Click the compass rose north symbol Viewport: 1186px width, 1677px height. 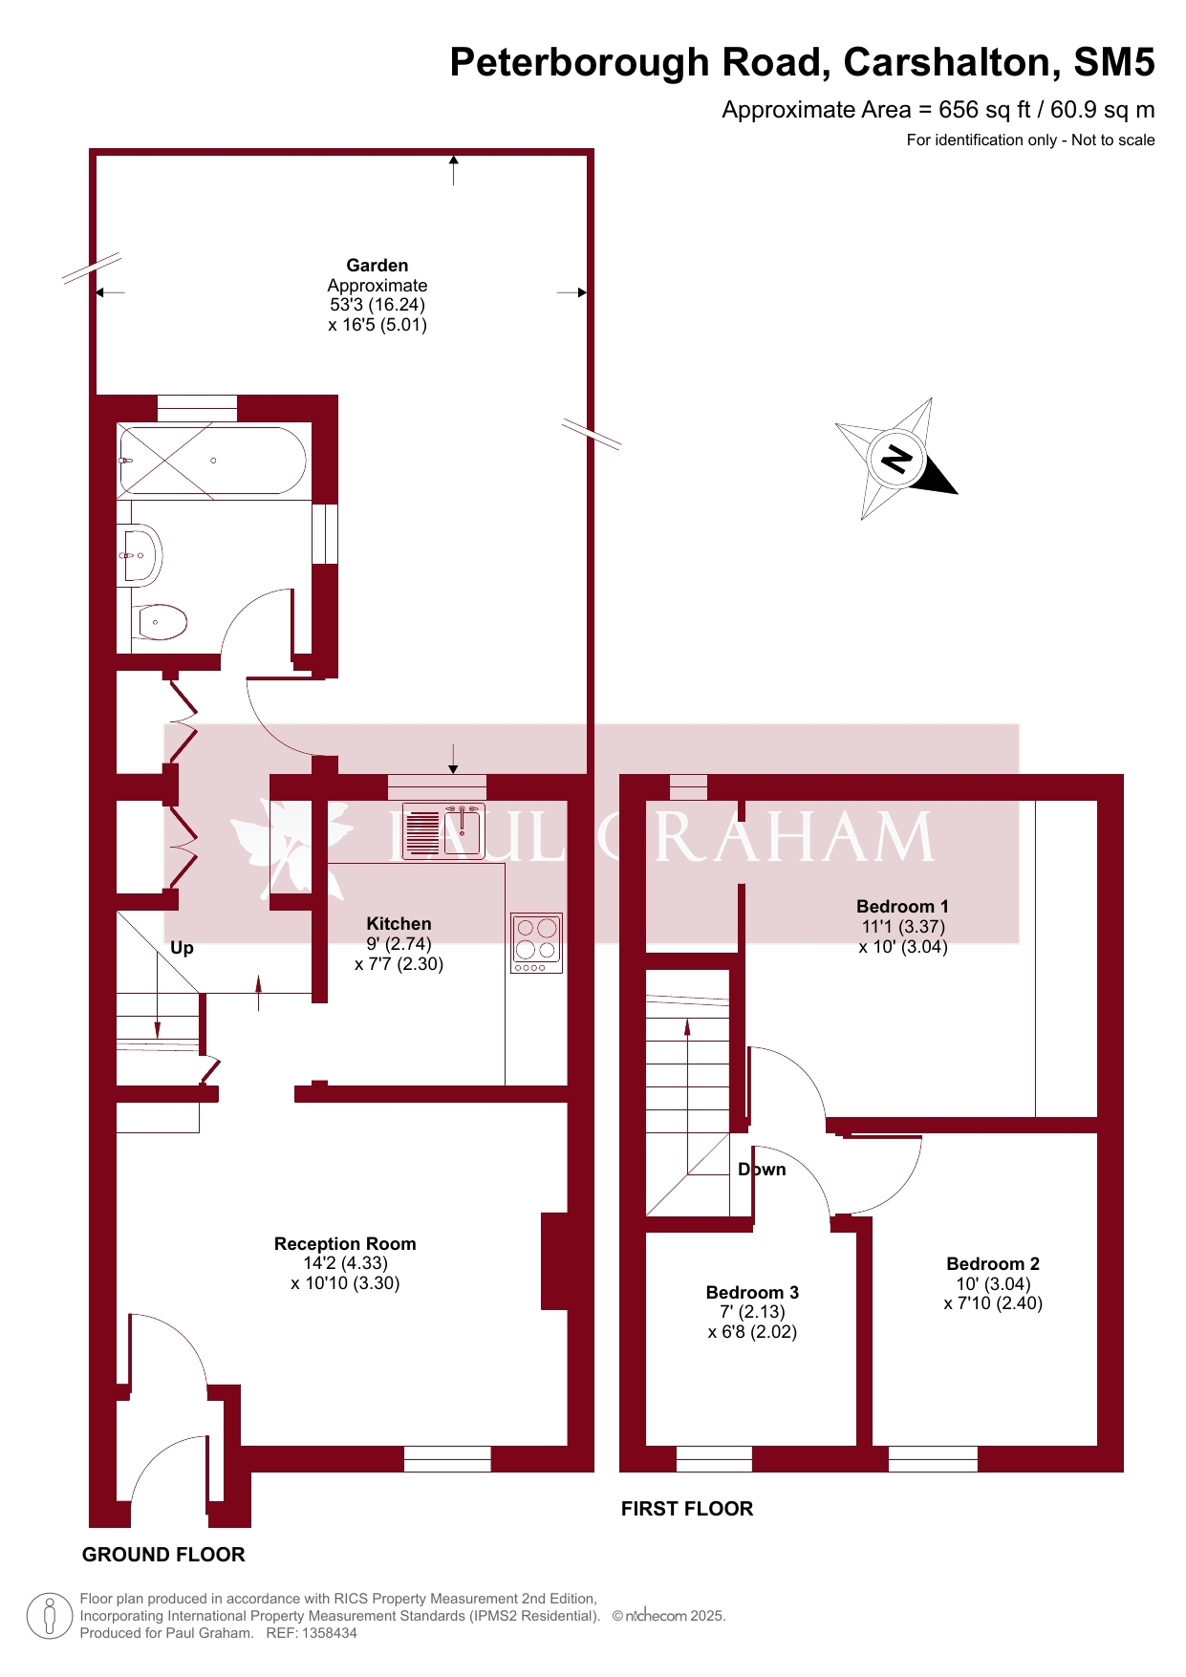click(896, 459)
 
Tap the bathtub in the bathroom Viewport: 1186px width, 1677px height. click(212, 461)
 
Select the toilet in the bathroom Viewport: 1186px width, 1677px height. click(159, 622)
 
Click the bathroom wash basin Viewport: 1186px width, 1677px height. click(141, 554)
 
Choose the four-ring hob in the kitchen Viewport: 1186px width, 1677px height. click(536, 943)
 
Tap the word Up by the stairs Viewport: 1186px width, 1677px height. click(182, 948)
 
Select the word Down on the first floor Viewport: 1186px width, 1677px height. click(762, 1170)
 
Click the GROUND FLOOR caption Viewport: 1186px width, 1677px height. click(163, 1555)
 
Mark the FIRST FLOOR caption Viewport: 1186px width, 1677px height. click(687, 1509)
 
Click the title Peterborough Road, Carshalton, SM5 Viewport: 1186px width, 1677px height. click(802, 62)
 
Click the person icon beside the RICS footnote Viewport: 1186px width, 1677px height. click(50, 1616)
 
